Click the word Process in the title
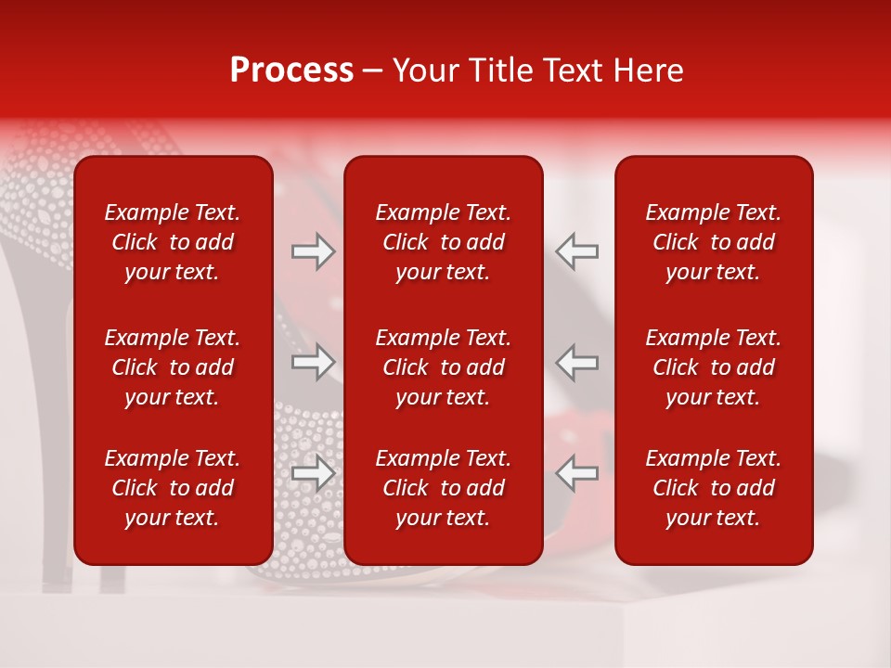[x=291, y=71]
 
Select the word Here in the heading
[x=651, y=71]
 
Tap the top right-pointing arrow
[x=313, y=251]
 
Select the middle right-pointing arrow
[x=313, y=362]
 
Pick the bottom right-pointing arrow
[x=313, y=473]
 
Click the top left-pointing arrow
[x=577, y=251]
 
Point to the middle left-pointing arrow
[x=577, y=362]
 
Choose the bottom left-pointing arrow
[x=577, y=473]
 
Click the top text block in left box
[x=173, y=242]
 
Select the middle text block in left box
[x=173, y=367]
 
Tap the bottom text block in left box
[x=173, y=488]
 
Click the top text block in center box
[x=443, y=242]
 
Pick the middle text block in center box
[x=443, y=367]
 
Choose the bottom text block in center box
[x=443, y=488]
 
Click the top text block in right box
[x=713, y=242]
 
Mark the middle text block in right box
[x=713, y=367]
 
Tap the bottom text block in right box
[x=713, y=488]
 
